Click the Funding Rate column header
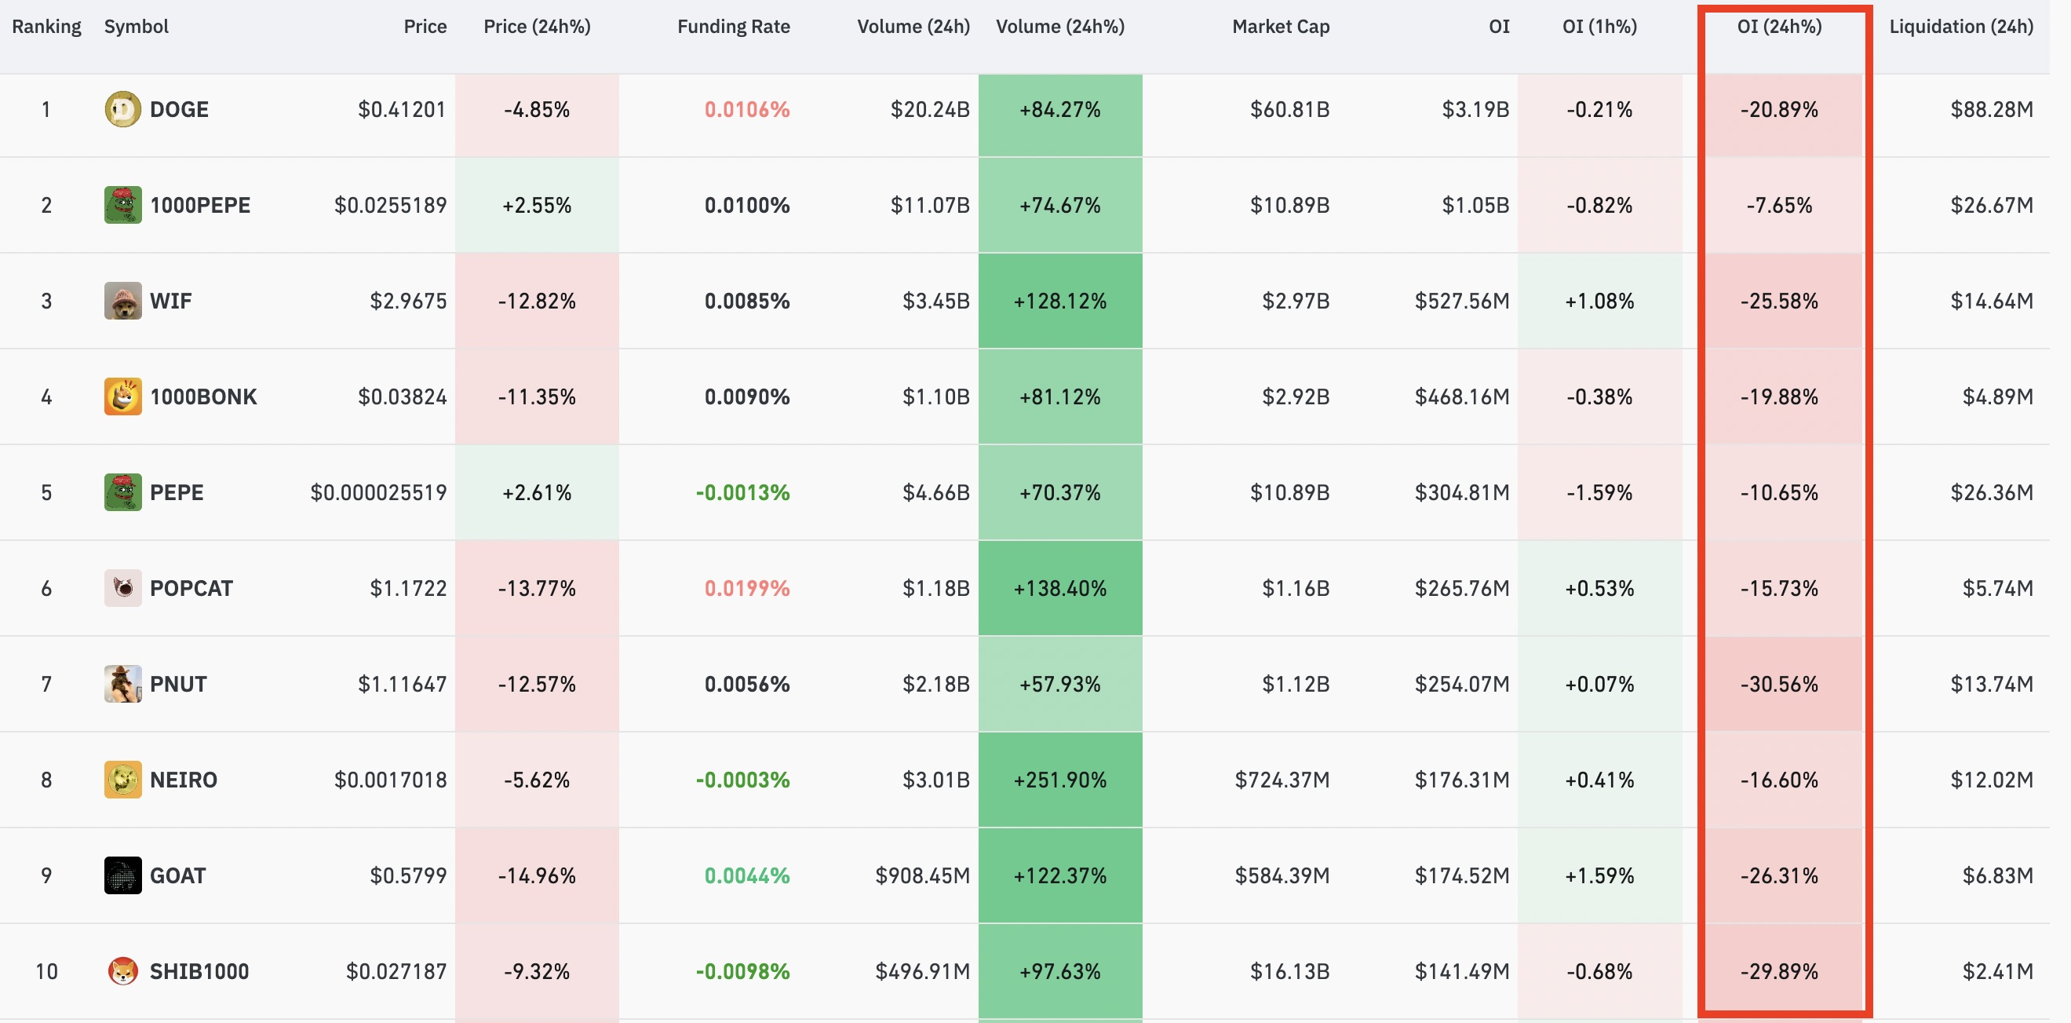(x=733, y=27)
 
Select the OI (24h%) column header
(x=1779, y=27)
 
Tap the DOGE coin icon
(x=122, y=108)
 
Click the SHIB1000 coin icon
(x=122, y=970)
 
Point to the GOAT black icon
(x=122, y=875)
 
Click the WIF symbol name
(x=170, y=301)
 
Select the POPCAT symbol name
(x=191, y=588)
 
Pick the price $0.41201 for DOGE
(x=402, y=109)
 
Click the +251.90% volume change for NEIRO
(x=1059, y=780)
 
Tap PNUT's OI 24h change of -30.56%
(x=1779, y=684)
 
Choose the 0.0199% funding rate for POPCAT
(x=747, y=588)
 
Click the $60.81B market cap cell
(x=1289, y=109)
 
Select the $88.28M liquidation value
(x=1992, y=109)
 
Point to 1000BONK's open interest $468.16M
(x=1461, y=396)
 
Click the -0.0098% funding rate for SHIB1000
(x=742, y=970)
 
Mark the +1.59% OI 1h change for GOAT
(x=1599, y=875)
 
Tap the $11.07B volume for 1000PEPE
(x=929, y=205)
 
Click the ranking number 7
(x=46, y=684)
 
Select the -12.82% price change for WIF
(x=536, y=301)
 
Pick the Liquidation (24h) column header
(x=1961, y=27)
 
